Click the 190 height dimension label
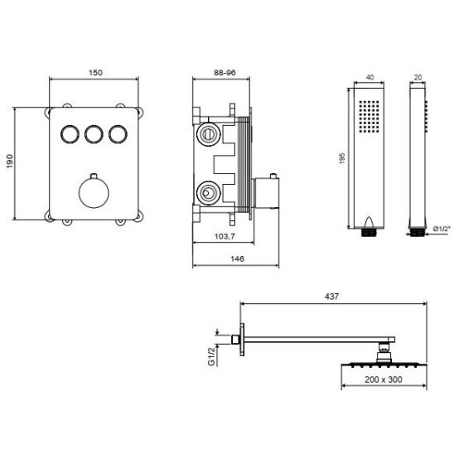click(10, 162)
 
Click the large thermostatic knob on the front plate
click(94, 193)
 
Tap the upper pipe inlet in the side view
click(205, 133)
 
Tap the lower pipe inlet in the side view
click(205, 195)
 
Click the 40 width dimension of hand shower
click(369, 77)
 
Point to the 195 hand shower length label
click(342, 157)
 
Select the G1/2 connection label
click(211, 355)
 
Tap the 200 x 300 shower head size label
click(384, 382)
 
